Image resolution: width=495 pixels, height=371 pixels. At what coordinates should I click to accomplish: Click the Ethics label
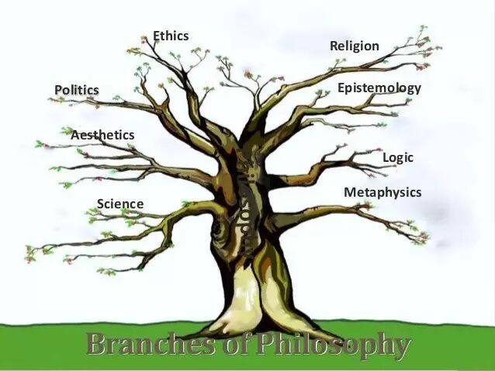click(x=171, y=36)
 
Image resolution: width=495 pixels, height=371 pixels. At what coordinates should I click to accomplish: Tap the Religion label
click(x=354, y=46)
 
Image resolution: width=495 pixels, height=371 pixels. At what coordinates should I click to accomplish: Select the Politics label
click(x=77, y=90)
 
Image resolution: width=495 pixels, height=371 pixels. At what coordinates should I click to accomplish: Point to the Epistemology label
click(x=379, y=88)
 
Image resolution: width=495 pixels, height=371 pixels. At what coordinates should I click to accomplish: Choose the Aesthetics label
click(x=102, y=135)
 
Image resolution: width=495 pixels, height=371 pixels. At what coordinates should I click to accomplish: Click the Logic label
click(x=398, y=158)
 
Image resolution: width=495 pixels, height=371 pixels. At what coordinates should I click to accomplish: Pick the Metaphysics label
click(x=382, y=192)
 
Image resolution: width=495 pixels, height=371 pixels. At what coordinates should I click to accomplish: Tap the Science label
click(x=120, y=204)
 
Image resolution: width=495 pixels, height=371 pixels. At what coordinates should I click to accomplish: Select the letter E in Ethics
click(x=157, y=36)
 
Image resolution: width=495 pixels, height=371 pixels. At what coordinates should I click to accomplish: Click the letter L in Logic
click(x=386, y=158)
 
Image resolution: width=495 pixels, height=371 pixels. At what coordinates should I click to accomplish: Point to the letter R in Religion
click(x=334, y=46)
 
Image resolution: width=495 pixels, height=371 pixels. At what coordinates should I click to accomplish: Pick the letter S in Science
click(x=101, y=204)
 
